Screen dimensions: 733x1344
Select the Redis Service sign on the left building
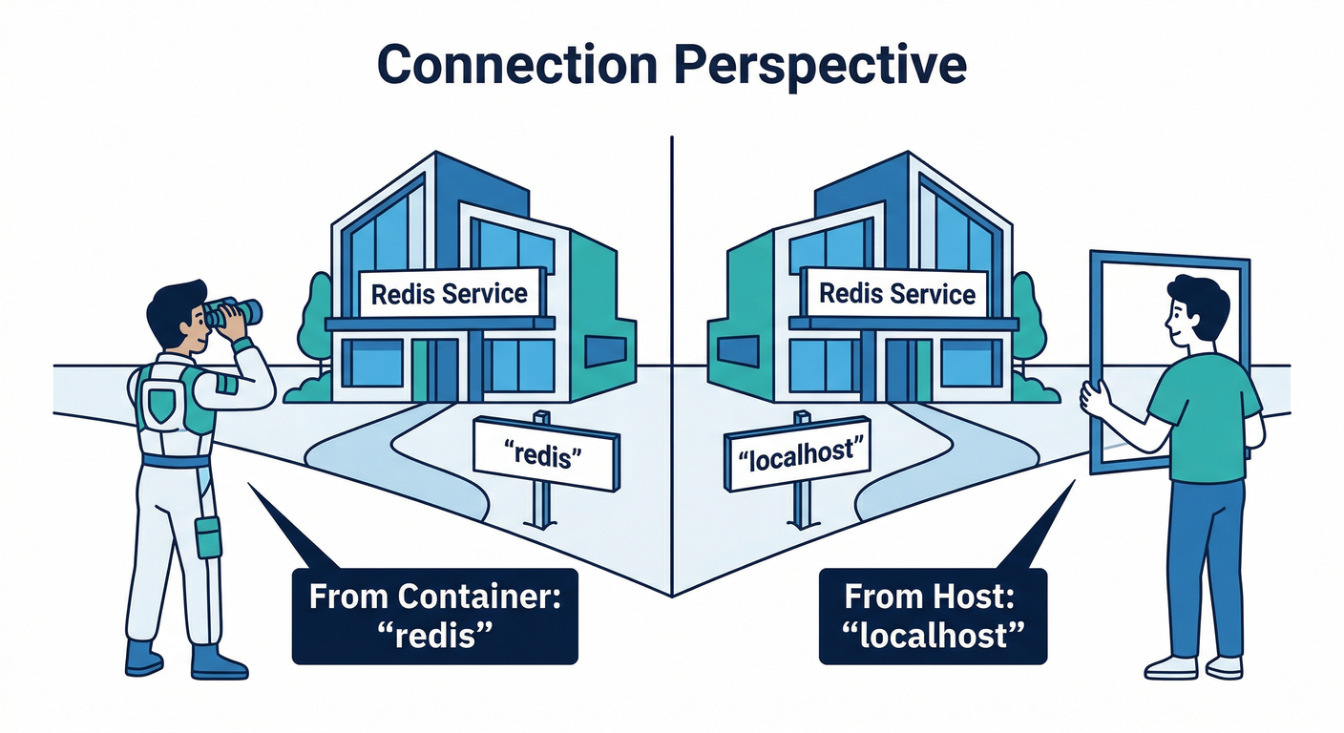click(449, 293)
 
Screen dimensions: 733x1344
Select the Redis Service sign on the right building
click(897, 293)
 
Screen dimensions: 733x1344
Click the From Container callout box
click(434, 616)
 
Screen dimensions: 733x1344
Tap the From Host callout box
click(933, 616)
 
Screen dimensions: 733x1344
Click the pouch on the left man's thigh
click(208, 536)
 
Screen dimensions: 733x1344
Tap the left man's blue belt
click(176, 462)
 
